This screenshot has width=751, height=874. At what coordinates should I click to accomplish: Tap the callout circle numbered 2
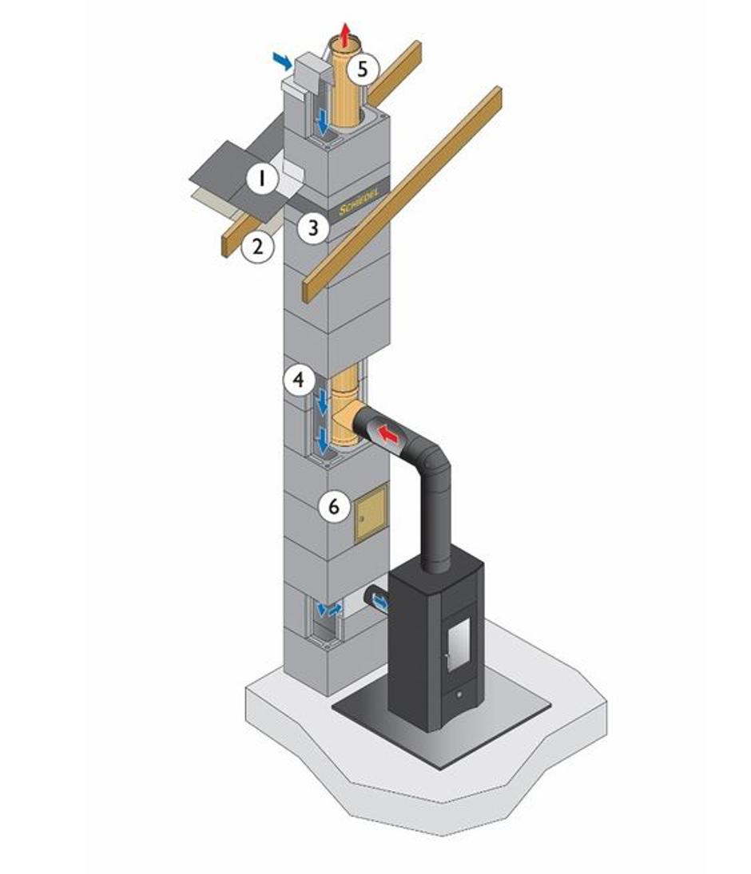click(x=258, y=247)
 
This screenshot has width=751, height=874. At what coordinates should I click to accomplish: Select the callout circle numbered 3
click(x=313, y=227)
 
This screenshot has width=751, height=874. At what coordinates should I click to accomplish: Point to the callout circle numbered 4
click(x=300, y=380)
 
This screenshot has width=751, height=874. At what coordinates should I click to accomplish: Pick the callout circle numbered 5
click(x=363, y=69)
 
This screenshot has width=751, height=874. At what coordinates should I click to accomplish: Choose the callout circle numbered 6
click(x=334, y=507)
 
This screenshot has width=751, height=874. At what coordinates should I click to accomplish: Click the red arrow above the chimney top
click(x=347, y=34)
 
